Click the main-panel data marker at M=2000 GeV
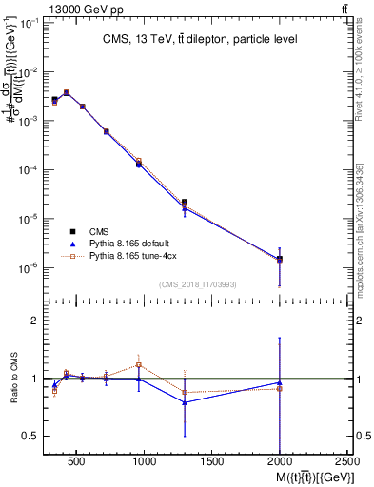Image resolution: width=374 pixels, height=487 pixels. [279, 259]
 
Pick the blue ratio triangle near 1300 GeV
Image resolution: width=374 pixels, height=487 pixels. [185, 402]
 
